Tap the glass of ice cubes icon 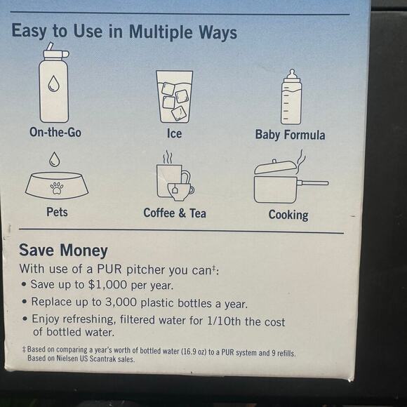point(175,97)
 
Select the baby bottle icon point(291,97)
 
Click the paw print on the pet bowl point(57,188)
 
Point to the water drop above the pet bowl point(55,159)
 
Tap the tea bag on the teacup point(175,189)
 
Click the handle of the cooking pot point(312,183)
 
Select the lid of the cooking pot point(275,166)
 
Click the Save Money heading point(63,251)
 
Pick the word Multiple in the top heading point(161,32)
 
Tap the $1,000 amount point(108,285)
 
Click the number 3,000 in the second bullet point(121,302)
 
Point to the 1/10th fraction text point(224,321)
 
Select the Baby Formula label point(290,135)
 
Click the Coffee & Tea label point(175,213)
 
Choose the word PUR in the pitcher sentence point(109,269)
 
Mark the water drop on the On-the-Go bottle point(54,84)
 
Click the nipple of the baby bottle point(292,74)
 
